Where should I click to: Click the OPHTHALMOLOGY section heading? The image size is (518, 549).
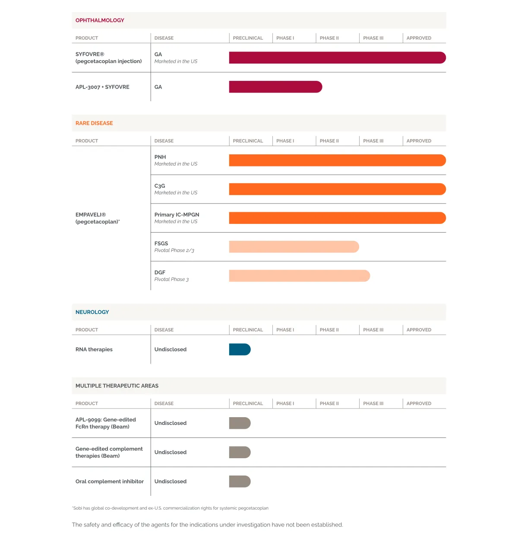coord(100,20)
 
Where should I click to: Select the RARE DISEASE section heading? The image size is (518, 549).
coord(94,123)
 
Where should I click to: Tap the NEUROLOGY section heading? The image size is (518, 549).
coord(92,312)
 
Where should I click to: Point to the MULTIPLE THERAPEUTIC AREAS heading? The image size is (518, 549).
coord(117,386)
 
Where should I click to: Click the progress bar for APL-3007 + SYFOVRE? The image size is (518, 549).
coord(275,87)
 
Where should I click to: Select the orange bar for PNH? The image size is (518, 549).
coord(337,160)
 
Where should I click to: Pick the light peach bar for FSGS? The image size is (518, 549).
coord(294,247)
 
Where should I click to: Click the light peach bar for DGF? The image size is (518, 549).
coord(299,276)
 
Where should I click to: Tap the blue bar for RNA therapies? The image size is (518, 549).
coord(240,349)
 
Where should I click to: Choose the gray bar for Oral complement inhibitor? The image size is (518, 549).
coord(240,482)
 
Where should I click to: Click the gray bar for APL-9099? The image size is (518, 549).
coord(240,423)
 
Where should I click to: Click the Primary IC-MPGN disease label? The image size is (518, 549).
coord(177,215)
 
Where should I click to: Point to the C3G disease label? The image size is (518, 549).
coord(160,186)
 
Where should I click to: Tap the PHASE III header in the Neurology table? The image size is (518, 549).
coord(373,330)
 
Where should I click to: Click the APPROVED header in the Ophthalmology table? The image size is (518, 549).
coord(419,38)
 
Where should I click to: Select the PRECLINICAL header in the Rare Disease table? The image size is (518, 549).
coord(248,141)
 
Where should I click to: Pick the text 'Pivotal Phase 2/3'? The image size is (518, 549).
coord(174,250)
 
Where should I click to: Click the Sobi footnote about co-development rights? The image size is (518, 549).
coord(170,508)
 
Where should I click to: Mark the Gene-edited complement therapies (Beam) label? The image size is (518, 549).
coord(109,452)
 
